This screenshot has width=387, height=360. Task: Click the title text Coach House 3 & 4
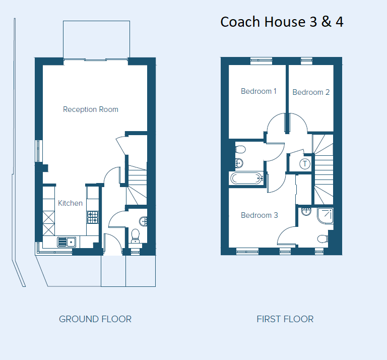(x=282, y=22)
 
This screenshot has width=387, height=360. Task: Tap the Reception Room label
(x=91, y=109)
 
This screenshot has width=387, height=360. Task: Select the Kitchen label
(x=70, y=203)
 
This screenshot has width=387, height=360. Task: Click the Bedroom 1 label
(x=259, y=91)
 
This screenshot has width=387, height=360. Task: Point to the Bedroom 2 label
(x=311, y=92)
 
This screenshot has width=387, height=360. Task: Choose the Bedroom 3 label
(x=259, y=215)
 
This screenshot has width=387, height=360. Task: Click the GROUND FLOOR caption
(x=95, y=319)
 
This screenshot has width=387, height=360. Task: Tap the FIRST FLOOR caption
(x=285, y=319)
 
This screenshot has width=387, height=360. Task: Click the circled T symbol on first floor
(x=305, y=163)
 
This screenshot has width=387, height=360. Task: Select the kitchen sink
(x=66, y=242)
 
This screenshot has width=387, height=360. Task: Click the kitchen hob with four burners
(x=93, y=217)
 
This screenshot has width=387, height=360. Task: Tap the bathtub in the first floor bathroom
(x=246, y=178)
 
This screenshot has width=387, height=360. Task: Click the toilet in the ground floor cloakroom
(x=135, y=236)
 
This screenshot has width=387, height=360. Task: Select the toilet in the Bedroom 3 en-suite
(x=323, y=238)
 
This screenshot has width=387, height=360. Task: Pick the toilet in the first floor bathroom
(x=240, y=150)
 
